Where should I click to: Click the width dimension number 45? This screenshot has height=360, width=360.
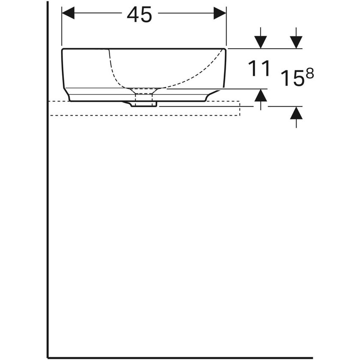point(139,15)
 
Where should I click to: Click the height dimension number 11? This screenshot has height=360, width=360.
point(259,69)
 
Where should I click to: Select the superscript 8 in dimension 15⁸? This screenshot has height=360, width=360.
point(310,74)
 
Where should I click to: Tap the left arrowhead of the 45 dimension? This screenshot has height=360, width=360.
point(68,13)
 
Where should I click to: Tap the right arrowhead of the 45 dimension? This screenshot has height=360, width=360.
point(220,13)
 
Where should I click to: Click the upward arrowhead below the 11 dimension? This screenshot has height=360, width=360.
point(261,96)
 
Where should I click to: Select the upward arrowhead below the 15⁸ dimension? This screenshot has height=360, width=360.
point(296,113)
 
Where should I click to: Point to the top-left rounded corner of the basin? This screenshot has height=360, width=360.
point(64,50)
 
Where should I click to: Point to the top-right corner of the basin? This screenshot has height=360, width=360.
point(225,50)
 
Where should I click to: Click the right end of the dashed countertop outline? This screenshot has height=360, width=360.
point(240,108)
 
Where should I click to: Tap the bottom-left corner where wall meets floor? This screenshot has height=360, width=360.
point(48,357)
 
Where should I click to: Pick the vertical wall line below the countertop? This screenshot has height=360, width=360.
point(48,233)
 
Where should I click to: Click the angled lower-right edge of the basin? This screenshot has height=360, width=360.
point(213,94)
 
